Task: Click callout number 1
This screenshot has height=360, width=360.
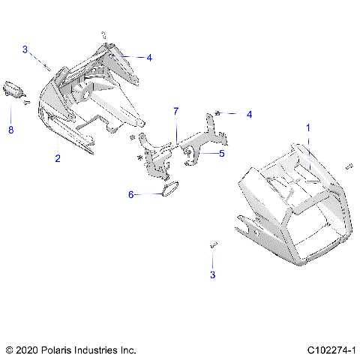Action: coord(307,128)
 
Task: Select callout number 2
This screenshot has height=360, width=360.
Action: coord(57,158)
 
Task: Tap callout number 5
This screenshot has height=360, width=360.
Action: coord(222,154)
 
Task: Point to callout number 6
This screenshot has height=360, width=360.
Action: coord(130,194)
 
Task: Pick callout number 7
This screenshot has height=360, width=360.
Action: coord(176,111)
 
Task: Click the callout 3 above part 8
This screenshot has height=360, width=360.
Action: coord(25,49)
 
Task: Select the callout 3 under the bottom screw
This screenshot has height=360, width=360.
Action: coord(213,276)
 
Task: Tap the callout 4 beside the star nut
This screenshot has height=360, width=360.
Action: coord(250,114)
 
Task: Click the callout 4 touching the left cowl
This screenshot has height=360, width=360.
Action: coord(149,57)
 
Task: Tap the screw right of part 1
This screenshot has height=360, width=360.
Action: coord(348,166)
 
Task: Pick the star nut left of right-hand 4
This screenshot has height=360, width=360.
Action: coord(217,112)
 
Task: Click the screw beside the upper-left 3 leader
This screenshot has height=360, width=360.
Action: coord(47,66)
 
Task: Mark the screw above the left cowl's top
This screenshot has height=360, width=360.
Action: coord(103,34)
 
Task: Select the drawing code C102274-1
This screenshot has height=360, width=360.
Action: coord(331,349)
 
